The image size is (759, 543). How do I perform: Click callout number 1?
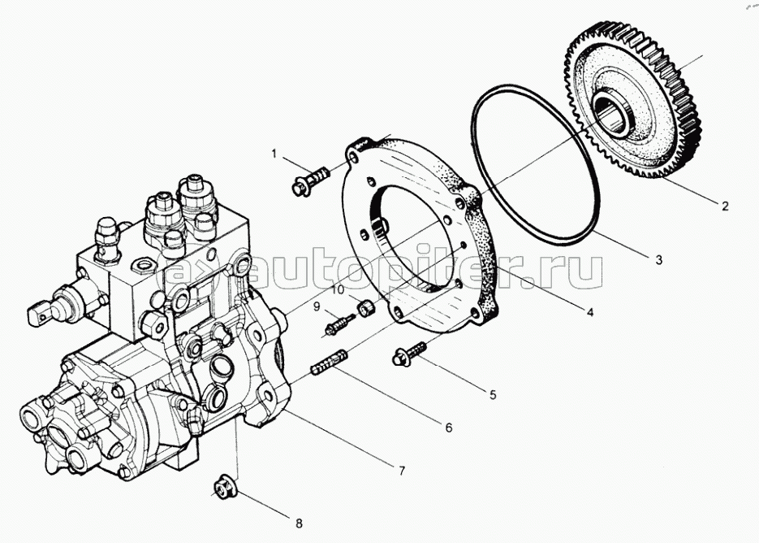coord(274,154)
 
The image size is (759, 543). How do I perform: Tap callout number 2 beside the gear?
coord(725,206)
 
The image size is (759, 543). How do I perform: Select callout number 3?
coord(659,260)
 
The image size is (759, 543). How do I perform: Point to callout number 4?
coord(590,313)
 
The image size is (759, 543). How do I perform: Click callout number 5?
coord(493,395)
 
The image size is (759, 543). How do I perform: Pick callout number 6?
coord(449,428)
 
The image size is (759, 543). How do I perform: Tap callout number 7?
coord(401,471)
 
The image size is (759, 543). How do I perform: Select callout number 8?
coord(299,523)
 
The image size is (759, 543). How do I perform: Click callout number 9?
coord(317,306)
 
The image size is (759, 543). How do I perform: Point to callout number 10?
coord(338,290)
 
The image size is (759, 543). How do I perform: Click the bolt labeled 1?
coord(310,180)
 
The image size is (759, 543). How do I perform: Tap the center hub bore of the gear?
coord(611,115)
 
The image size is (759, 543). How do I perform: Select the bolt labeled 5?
coord(409,353)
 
